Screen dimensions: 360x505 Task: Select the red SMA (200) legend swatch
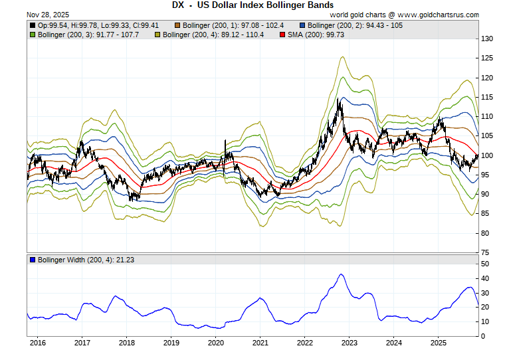tap(282, 33)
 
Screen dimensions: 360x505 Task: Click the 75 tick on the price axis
tap(486, 252)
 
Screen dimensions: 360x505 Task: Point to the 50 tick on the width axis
tap(486, 264)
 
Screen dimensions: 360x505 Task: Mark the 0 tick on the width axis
tap(484, 336)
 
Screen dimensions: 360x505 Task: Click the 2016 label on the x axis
tap(37, 343)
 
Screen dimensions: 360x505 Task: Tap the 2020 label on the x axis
tap(215, 343)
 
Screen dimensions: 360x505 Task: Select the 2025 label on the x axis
tap(438, 343)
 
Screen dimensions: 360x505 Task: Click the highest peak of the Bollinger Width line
tap(341, 274)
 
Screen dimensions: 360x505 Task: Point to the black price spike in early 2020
tap(225, 141)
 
